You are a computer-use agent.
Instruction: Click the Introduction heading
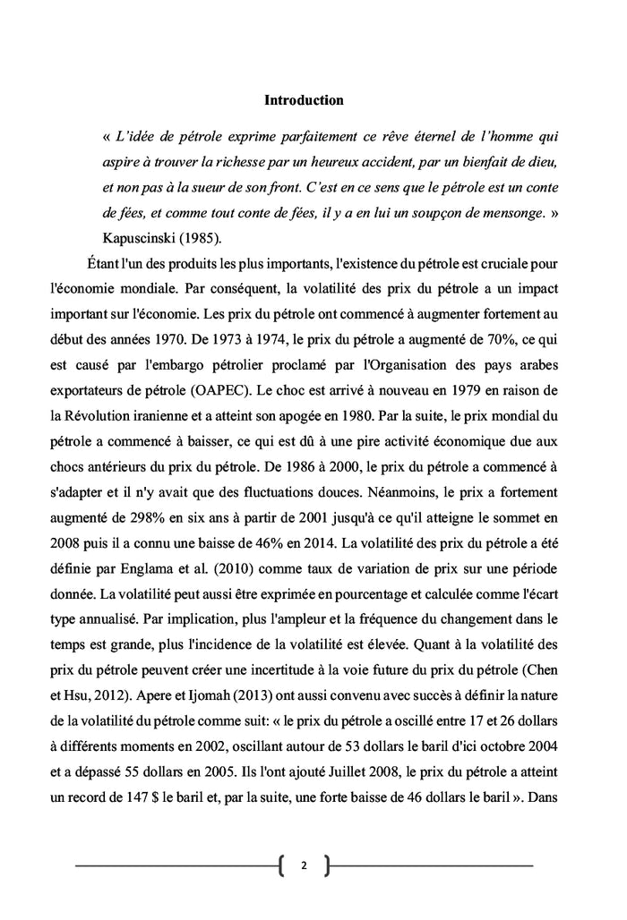(x=304, y=100)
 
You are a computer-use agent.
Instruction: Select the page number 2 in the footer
(x=304, y=865)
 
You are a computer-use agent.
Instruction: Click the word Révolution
(x=108, y=416)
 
